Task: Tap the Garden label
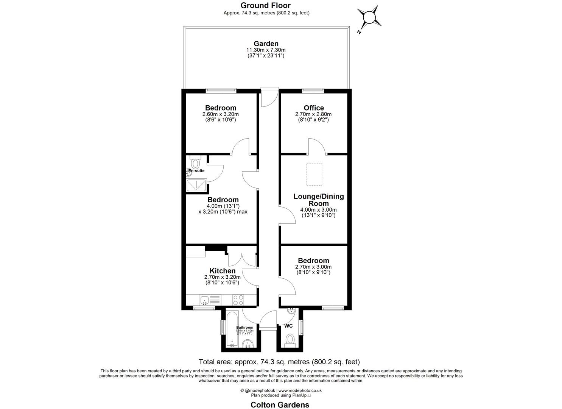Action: click(x=266, y=44)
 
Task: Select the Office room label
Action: click(x=314, y=108)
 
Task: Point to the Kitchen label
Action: click(x=223, y=271)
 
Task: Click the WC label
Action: click(x=288, y=326)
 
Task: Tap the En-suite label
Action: click(x=197, y=171)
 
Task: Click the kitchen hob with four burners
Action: click(x=238, y=300)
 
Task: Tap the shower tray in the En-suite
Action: click(x=197, y=186)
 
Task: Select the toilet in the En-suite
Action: click(x=195, y=162)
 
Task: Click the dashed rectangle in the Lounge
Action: click(x=314, y=174)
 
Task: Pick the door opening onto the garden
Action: click(x=269, y=97)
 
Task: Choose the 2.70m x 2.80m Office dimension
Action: click(x=313, y=114)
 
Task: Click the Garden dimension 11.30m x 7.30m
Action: click(x=266, y=50)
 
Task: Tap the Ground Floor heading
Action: click(x=266, y=5)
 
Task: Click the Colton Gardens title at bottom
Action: click(x=280, y=404)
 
